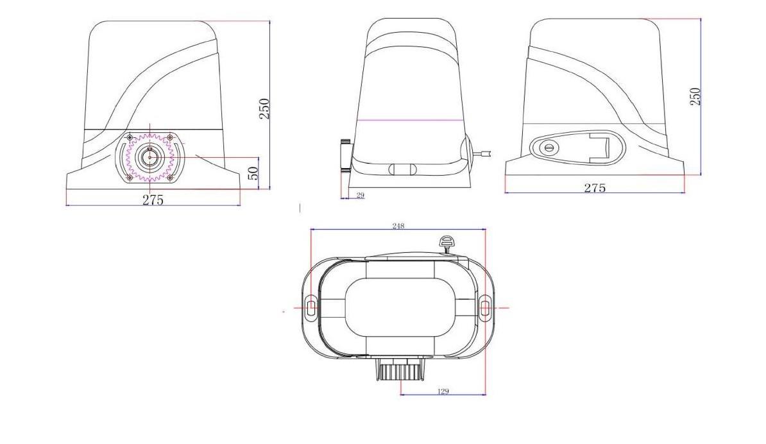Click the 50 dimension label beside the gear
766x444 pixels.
pyautogui.click(x=253, y=173)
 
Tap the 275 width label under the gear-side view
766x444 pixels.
pyautogui.click(x=153, y=200)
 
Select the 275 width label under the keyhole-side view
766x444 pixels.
pyautogui.click(x=595, y=187)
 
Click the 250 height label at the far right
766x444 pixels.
pyautogui.click(x=695, y=96)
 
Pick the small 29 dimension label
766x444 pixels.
pyautogui.click(x=359, y=195)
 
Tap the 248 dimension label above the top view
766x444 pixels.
pyautogui.click(x=398, y=226)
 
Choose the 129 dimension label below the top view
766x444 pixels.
pyautogui.click(x=443, y=391)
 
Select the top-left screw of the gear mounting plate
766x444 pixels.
pyautogui.click(x=130, y=137)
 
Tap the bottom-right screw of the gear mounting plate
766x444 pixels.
pyautogui.click(x=170, y=177)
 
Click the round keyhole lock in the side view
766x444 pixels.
pyautogui.click(x=549, y=148)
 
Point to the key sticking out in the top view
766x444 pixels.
pyautogui.click(x=445, y=243)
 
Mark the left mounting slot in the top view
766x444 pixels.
pyautogui.click(x=311, y=308)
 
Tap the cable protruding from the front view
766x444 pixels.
pyautogui.click(x=485, y=153)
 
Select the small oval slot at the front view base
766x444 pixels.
pyautogui.click(x=402, y=169)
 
